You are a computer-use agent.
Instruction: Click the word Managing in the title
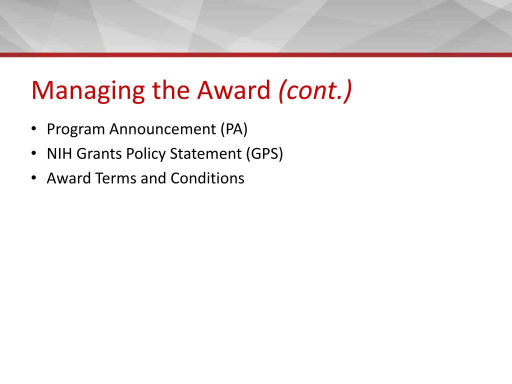pos(88,91)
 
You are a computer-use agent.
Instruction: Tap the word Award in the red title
pos(234,90)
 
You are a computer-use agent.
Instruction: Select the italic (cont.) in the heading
pos(315,90)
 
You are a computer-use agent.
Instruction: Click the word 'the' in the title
pos(171,90)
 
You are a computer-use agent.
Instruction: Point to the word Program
pos(76,129)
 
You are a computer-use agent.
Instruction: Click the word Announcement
pos(162,129)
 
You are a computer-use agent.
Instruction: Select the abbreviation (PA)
pos(234,129)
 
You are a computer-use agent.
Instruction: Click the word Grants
pos(99,154)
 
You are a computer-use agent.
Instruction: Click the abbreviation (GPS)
pos(264,154)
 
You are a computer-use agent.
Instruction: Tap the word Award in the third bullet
pos(69,178)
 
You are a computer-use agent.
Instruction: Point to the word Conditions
pos(207,178)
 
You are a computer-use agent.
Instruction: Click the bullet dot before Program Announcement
pos(33,128)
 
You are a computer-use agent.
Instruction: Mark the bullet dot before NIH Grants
pos(33,153)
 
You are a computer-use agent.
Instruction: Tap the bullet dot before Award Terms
pos(33,177)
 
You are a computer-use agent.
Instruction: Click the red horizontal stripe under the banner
pos(256,55)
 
